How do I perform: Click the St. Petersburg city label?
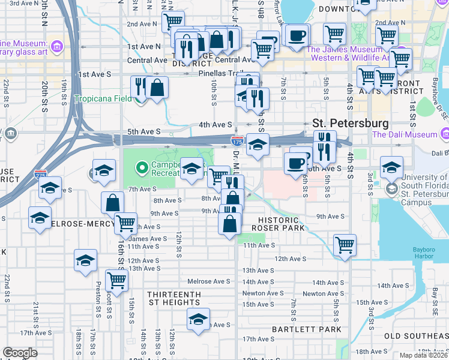coord(350,122)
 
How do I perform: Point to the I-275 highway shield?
coord(40,173)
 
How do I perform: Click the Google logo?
coord(20,353)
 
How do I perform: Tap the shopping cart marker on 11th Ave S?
coord(345,245)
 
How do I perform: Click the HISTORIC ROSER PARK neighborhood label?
coord(278,223)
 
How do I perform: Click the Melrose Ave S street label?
coord(208,281)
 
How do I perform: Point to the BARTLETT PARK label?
coord(298,329)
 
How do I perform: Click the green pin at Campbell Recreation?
coord(142,167)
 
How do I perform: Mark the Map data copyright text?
coord(423,355)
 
